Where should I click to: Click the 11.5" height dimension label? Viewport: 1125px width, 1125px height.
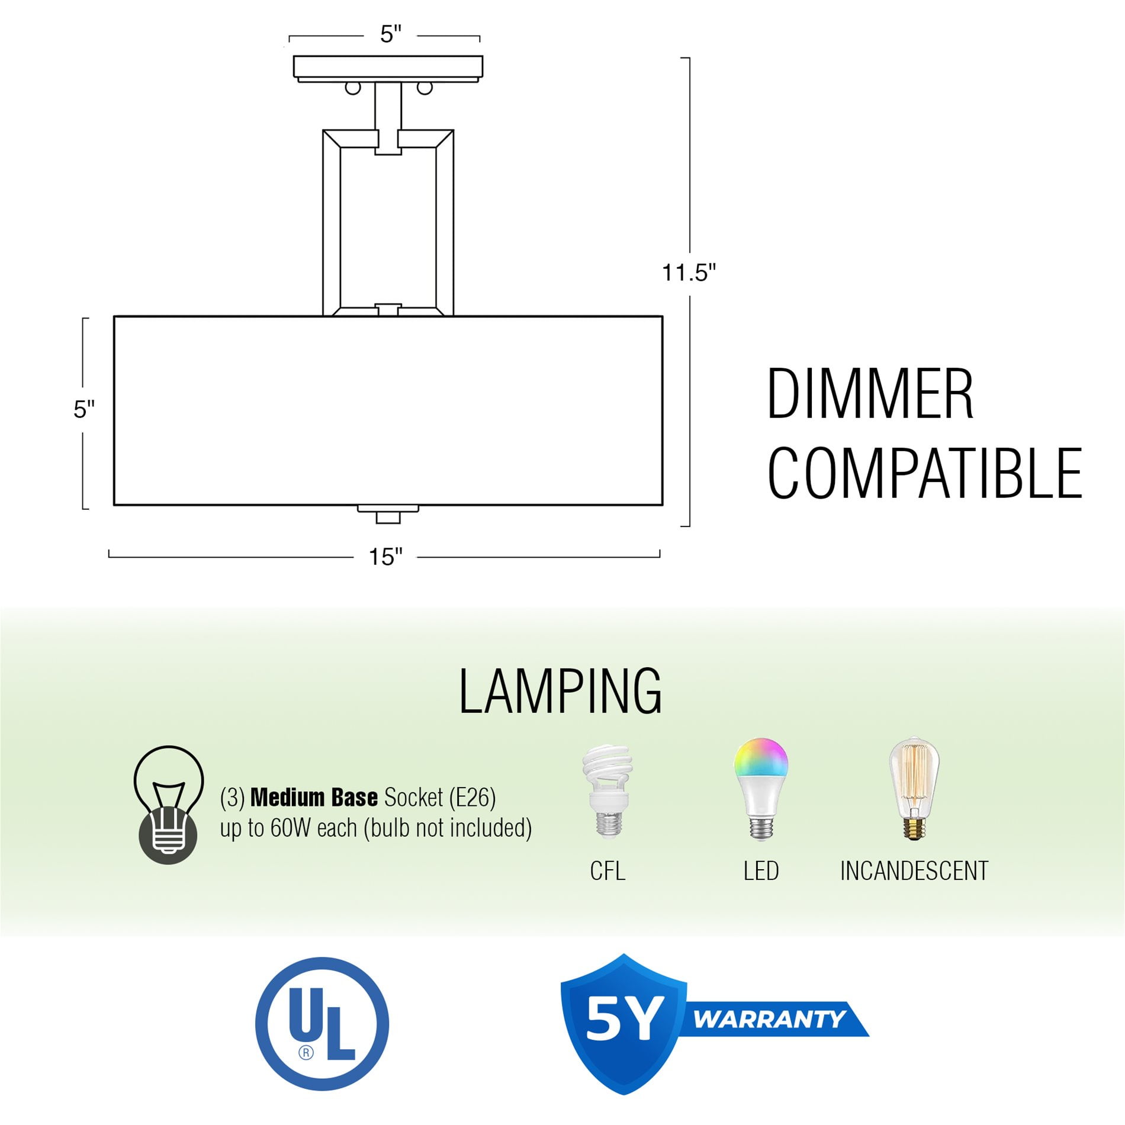[x=689, y=273]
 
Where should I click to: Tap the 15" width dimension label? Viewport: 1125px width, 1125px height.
[x=385, y=557]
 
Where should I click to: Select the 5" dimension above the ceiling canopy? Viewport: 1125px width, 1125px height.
[x=391, y=34]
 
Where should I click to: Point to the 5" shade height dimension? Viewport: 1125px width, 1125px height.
[x=84, y=409]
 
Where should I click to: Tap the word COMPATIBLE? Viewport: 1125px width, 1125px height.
[x=925, y=473]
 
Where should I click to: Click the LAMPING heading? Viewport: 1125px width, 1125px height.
[x=560, y=691]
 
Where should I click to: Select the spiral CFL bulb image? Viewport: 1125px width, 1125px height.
[x=607, y=791]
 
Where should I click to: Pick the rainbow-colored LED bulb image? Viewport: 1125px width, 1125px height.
[x=761, y=789]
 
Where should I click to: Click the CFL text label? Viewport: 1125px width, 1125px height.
[x=607, y=871]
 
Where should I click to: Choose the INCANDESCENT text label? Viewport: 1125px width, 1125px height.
[x=914, y=871]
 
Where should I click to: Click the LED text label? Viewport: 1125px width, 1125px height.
[x=761, y=871]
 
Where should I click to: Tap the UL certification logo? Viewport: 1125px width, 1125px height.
[x=322, y=1024]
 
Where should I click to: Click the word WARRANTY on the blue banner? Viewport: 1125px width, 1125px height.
[x=770, y=1020]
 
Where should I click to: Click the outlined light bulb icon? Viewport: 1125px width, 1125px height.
[x=168, y=805]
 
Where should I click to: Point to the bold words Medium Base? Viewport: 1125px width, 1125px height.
[x=314, y=798]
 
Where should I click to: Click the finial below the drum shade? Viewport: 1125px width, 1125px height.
[x=388, y=515]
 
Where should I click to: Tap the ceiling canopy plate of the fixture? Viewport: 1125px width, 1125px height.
[x=388, y=67]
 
